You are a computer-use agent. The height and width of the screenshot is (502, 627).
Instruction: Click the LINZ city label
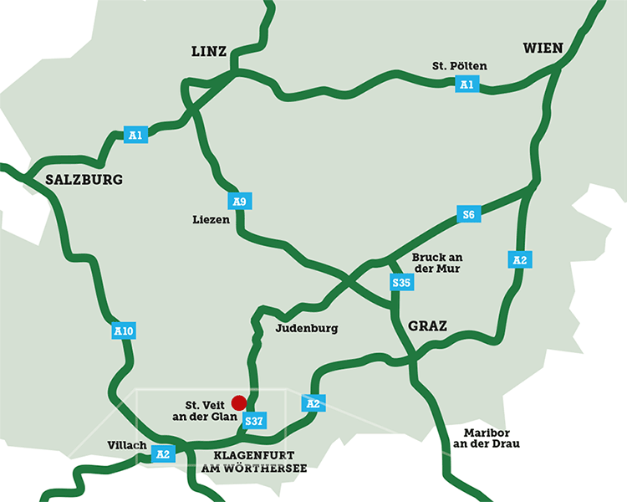coord(209,52)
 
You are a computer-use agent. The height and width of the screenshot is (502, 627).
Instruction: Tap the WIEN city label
coord(543,48)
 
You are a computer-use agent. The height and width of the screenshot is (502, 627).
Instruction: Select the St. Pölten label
coord(459,66)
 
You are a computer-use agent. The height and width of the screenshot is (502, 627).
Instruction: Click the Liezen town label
coord(208,220)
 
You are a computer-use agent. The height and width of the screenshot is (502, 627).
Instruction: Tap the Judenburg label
coord(306,329)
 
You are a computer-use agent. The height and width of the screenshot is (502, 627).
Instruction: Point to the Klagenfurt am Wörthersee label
coord(254,462)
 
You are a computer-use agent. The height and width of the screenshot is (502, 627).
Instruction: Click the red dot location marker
coord(239,403)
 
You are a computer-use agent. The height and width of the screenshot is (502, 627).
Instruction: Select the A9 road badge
coord(239,202)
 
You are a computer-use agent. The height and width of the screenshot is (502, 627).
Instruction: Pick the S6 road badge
coord(468,215)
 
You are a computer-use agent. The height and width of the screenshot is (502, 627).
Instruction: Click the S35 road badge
coord(402,284)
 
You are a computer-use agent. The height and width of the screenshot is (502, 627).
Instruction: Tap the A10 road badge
coord(123,332)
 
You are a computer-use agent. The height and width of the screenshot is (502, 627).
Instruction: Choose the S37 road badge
coord(255,421)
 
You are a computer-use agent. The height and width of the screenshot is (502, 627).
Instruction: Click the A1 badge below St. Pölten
coord(466,85)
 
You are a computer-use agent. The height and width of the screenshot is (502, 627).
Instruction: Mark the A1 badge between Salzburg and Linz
coord(135,134)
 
